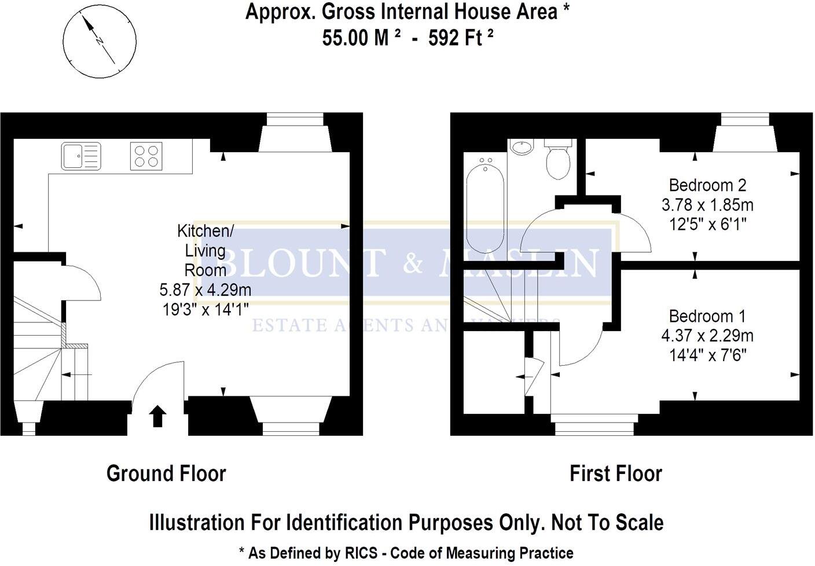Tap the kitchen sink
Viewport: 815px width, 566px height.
click(80, 156)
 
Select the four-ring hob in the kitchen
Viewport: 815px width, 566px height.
click(146, 156)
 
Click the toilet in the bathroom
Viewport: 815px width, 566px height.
click(559, 161)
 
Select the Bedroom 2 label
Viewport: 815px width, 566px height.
click(707, 185)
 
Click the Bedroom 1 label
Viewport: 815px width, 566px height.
click(707, 316)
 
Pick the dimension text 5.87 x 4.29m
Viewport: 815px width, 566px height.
click(205, 289)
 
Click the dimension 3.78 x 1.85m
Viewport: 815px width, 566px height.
click(707, 205)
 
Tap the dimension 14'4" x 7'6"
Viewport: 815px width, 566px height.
click(707, 355)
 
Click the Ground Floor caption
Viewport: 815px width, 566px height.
click(166, 473)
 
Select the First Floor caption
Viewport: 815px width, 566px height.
click(615, 473)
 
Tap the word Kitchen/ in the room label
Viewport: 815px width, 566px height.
click(205, 231)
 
